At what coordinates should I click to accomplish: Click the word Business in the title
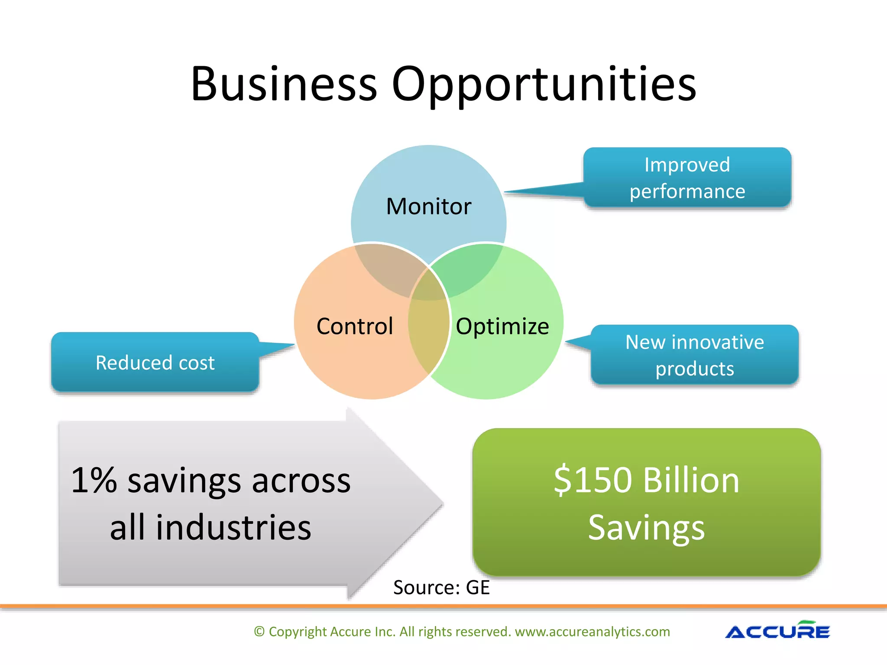[x=284, y=84]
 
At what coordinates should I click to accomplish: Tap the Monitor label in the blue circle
[x=428, y=207]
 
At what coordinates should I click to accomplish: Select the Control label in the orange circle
[x=355, y=326]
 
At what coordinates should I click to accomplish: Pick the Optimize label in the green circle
[x=502, y=326]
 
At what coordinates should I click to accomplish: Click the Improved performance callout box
[x=687, y=178]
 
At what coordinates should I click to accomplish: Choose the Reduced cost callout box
[x=155, y=362]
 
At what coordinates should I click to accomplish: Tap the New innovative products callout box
[x=694, y=355]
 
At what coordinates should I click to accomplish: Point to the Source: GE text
[x=441, y=588]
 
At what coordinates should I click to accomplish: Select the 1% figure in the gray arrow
[x=94, y=480]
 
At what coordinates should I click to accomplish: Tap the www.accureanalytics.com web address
[x=592, y=632]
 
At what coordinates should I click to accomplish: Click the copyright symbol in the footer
[x=259, y=632]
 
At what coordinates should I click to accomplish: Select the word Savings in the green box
[x=646, y=527]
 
